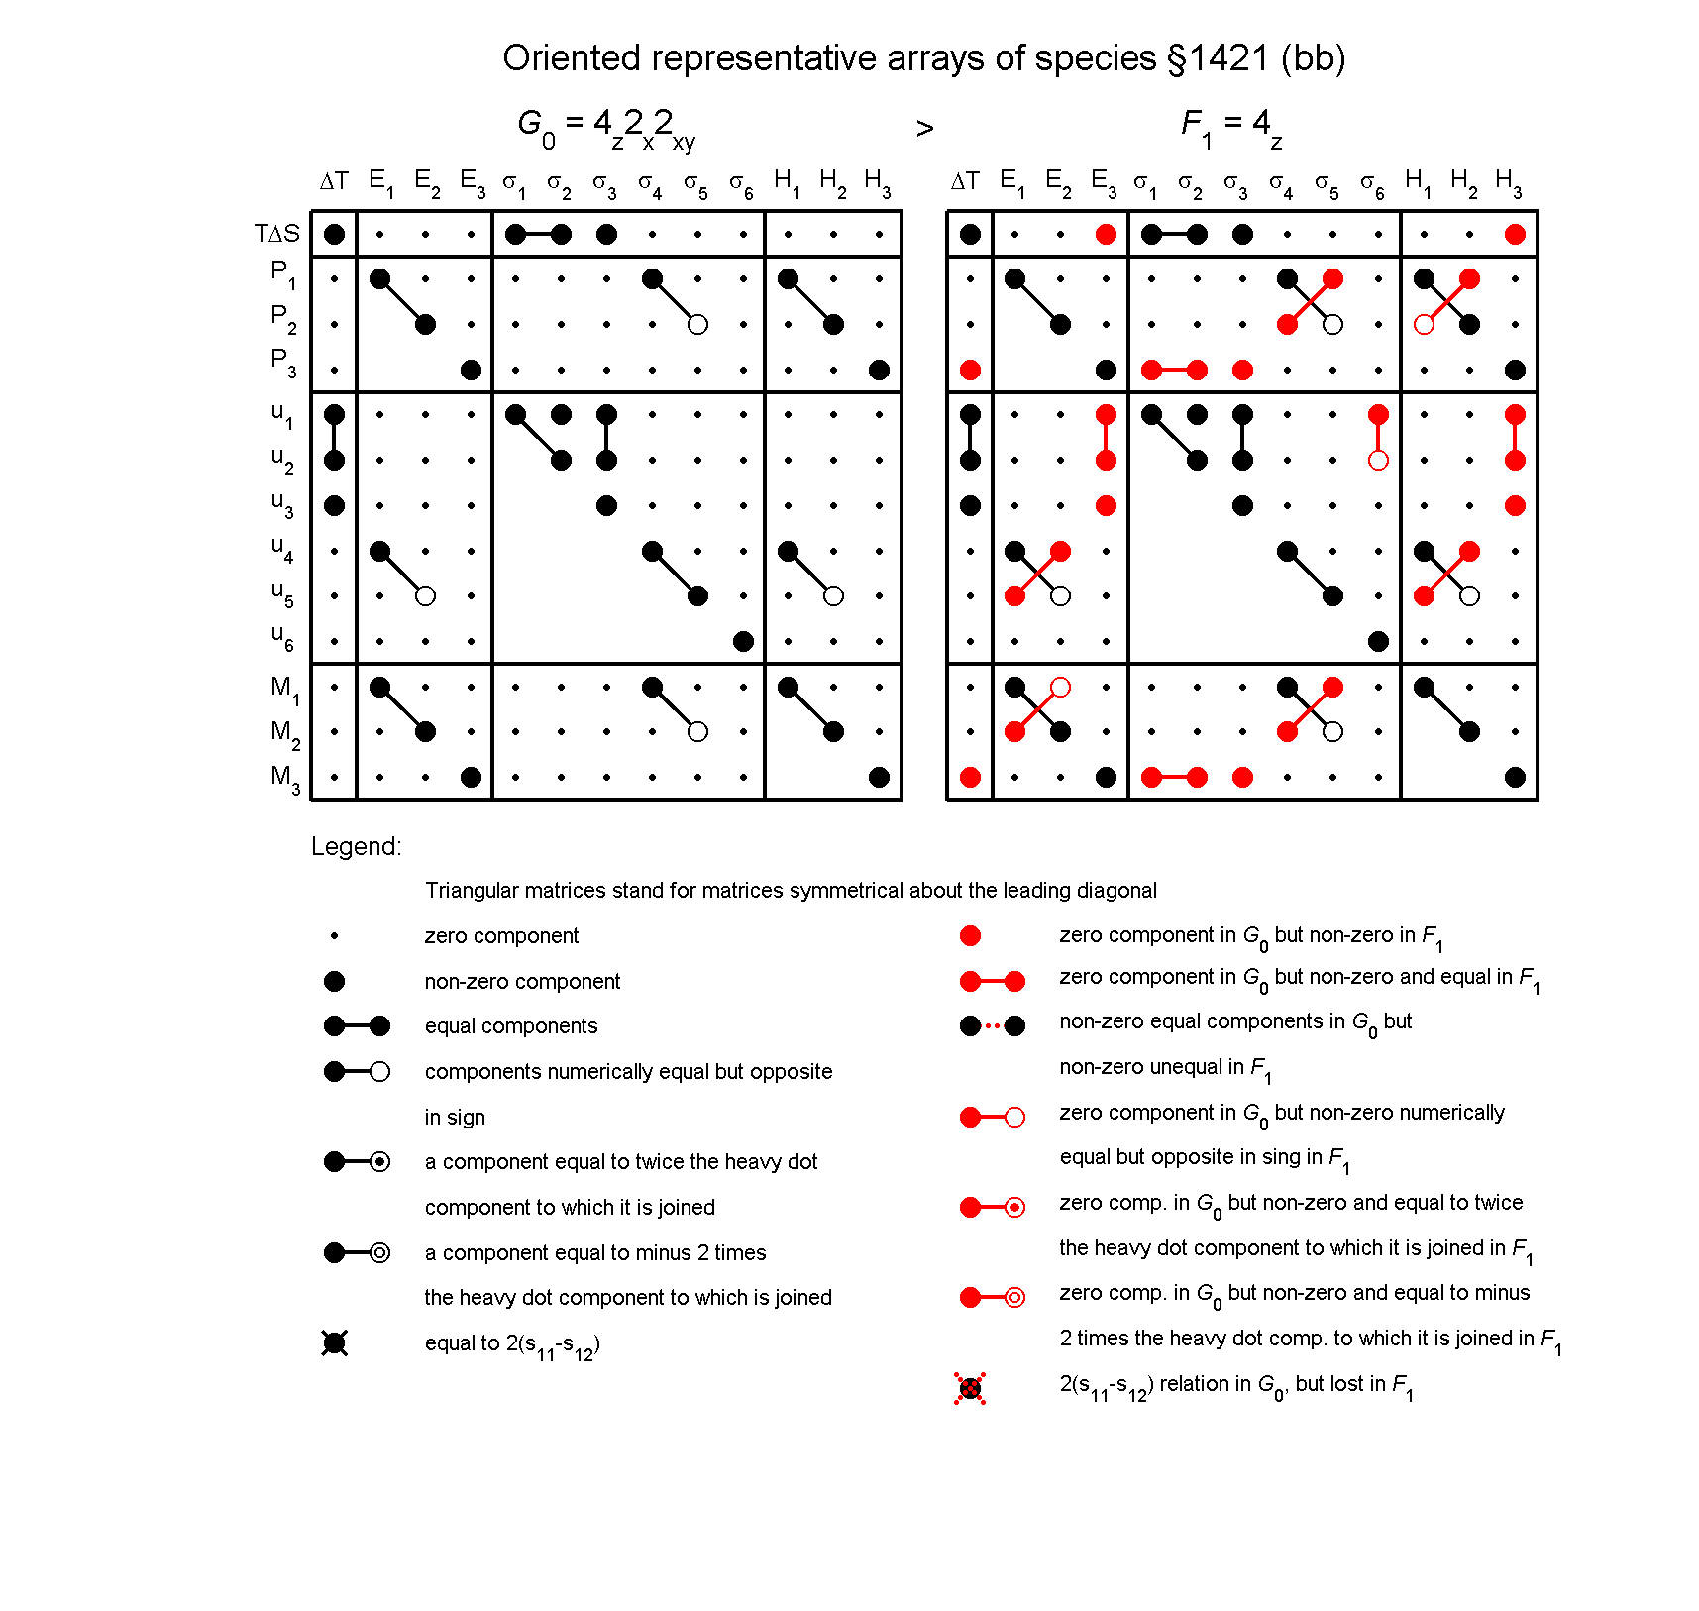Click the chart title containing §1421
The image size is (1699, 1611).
coord(923,58)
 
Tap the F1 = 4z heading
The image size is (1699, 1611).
coord(1230,127)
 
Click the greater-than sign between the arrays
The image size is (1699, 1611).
coord(924,129)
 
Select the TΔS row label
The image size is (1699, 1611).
coord(276,234)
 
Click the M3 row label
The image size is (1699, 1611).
coord(284,778)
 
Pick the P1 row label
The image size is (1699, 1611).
coord(283,273)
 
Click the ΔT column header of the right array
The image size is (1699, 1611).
coord(965,181)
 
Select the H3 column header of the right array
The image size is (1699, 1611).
coord(1509,182)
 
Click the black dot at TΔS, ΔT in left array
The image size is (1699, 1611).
coord(335,235)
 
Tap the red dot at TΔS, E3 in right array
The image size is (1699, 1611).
coord(1106,235)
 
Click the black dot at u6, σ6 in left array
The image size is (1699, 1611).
coord(743,642)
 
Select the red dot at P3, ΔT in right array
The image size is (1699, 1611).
coord(970,371)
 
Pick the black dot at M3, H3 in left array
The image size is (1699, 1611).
coord(879,778)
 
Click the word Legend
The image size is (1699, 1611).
coord(356,846)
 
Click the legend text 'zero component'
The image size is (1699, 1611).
coord(501,936)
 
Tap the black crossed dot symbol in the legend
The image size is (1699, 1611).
coord(335,1343)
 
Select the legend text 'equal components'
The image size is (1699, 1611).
coord(511,1026)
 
